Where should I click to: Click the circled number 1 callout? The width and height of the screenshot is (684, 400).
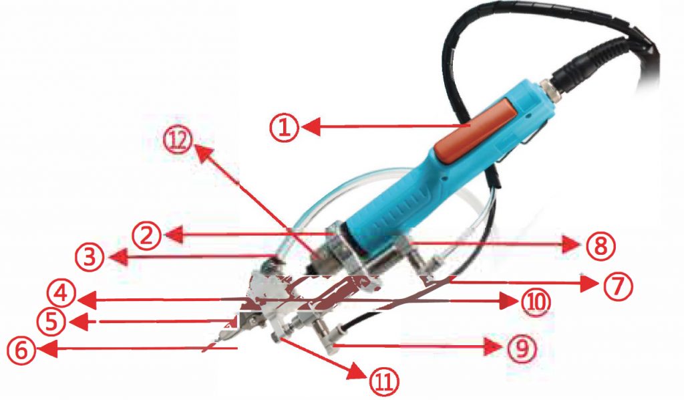(x=284, y=127)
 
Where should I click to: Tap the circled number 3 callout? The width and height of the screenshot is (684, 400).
(x=90, y=258)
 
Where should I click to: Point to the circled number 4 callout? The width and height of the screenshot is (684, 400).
(x=61, y=293)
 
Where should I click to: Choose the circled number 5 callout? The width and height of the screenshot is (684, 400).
(x=51, y=322)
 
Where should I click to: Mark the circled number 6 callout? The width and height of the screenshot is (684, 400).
(x=21, y=351)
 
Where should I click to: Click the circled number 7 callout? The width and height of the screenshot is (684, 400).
(x=618, y=287)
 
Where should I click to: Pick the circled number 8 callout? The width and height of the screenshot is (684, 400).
(x=601, y=246)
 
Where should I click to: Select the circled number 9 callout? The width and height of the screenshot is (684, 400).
(x=522, y=348)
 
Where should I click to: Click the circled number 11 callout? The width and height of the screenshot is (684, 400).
(x=384, y=381)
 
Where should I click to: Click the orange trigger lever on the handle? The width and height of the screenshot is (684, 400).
(x=476, y=130)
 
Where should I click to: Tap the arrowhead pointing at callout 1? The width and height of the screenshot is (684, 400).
(x=311, y=127)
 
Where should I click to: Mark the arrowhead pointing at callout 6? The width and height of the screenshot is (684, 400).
(x=47, y=349)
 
